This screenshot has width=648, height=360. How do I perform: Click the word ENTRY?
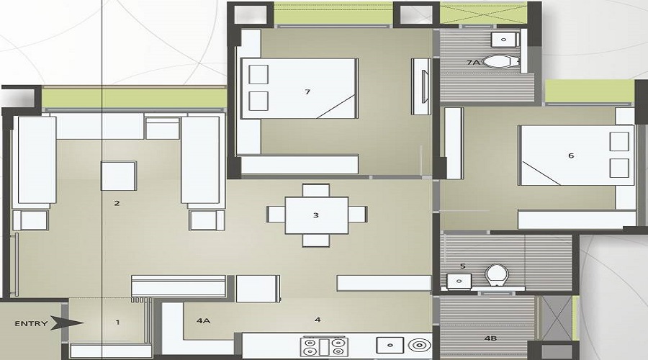pyautogui.click(x=31, y=323)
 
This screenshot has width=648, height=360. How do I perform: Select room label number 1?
pyautogui.click(x=117, y=322)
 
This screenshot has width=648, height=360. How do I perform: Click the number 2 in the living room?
pyautogui.click(x=117, y=204)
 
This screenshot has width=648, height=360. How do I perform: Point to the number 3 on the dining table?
pyautogui.click(x=315, y=215)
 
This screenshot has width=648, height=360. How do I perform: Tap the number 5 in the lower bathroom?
pyautogui.click(x=462, y=266)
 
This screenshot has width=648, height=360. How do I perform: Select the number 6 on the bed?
pyautogui.click(x=571, y=156)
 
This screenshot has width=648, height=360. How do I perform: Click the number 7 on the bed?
pyautogui.click(x=307, y=91)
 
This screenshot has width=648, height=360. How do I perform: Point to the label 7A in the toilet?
pyautogui.click(x=473, y=63)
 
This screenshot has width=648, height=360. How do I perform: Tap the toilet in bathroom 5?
pyautogui.click(x=495, y=274)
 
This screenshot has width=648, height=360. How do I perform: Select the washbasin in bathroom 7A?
pyautogui.click(x=504, y=38)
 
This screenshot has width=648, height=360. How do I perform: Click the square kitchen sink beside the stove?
pyautogui.click(x=385, y=346)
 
